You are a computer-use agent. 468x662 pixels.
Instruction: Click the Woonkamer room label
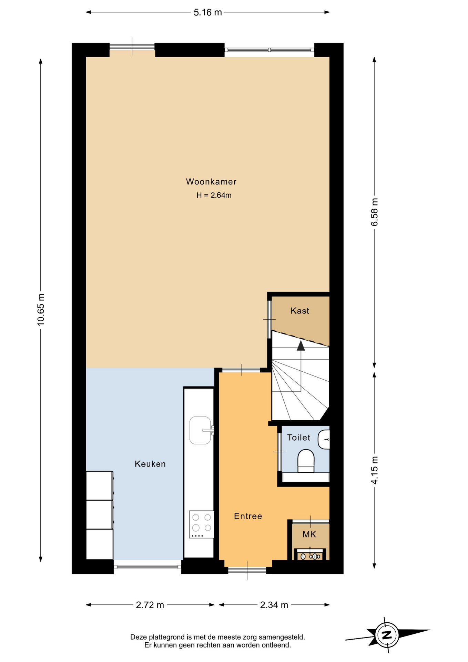point(211,182)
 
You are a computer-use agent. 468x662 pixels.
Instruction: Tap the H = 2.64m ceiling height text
point(214,195)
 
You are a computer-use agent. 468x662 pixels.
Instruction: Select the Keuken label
point(150,464)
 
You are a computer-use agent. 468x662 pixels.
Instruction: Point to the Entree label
point(248,516)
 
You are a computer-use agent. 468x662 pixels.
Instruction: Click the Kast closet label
point(299,311)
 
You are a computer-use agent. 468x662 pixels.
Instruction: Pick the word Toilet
point(298,438)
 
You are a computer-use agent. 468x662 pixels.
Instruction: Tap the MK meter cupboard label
point(309,534)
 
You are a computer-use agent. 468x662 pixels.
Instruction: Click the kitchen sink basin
point(200,430)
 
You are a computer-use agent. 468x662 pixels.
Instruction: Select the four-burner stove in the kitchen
point(202,524)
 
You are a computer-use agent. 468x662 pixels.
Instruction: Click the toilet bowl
point(306,461)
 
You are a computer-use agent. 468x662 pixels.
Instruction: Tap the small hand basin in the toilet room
point(324,440)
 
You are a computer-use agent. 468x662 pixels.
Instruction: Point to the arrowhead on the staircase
point(301,345)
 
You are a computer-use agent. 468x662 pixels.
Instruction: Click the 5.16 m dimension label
point(207,12)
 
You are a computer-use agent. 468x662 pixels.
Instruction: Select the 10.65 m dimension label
point(41,310)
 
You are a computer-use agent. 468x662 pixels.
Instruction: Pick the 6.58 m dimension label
point(374,212)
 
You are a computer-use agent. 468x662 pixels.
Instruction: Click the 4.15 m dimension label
point(374,470)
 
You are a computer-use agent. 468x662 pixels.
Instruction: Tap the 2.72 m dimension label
point(150,605)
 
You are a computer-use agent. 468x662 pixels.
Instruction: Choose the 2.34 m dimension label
point(274,605)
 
